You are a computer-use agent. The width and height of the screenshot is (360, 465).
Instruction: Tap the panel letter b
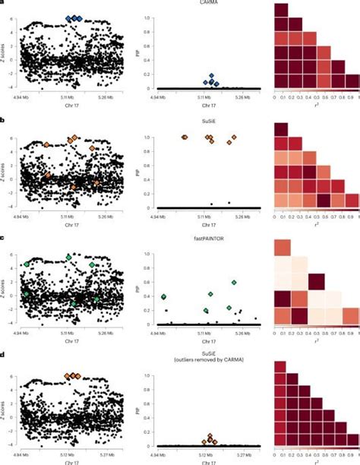(4, 121)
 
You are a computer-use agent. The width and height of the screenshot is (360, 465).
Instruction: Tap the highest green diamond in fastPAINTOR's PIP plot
(234, 283)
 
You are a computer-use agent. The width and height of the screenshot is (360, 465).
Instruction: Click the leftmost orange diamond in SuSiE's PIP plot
(185, 137)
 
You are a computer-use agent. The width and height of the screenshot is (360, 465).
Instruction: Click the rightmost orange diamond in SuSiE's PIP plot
(234, 137)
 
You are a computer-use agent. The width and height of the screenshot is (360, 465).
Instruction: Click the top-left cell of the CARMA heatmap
(282, 10)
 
